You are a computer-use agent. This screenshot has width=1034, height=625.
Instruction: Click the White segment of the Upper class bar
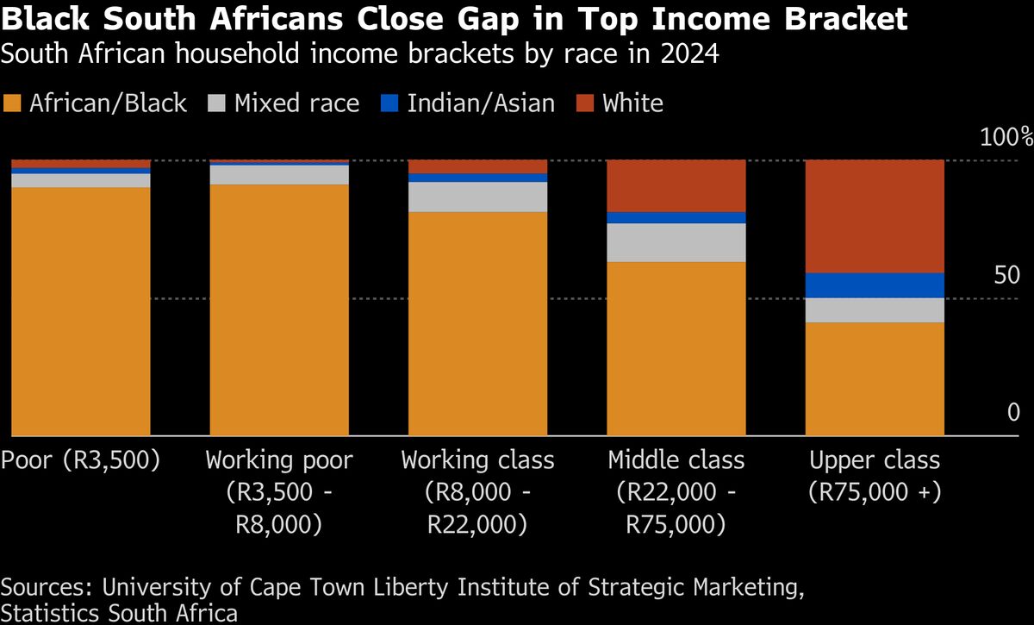tap(875, 216)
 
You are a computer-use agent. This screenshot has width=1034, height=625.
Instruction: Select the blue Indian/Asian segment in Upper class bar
tap(875, 285)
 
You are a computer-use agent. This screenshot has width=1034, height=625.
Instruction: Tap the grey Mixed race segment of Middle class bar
tap(676, 242)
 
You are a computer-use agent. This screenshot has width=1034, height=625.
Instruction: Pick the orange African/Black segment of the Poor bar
tap(81, 310)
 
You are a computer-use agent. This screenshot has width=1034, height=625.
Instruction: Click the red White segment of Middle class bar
tap(676, 185)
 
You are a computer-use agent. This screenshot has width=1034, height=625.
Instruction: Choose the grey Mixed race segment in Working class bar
tap(477, 197)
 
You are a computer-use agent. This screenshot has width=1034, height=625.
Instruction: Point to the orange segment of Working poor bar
tap(279, 309)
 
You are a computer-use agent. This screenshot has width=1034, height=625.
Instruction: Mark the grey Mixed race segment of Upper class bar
tap(875, 310)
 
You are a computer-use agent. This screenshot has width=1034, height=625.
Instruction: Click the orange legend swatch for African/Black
tap(12, 104)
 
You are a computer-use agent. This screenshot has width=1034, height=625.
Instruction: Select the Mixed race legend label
tap(296, 104)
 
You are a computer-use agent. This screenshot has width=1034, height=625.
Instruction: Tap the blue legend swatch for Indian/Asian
tap(390, 104)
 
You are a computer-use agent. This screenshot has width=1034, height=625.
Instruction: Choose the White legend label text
tap(632, 104)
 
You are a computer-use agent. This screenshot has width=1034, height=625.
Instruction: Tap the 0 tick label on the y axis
tap(1013, 414)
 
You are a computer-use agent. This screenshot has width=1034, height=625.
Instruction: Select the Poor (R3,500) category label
tap(81, 460)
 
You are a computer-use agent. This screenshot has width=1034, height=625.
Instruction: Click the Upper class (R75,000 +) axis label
tap(875, 476)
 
